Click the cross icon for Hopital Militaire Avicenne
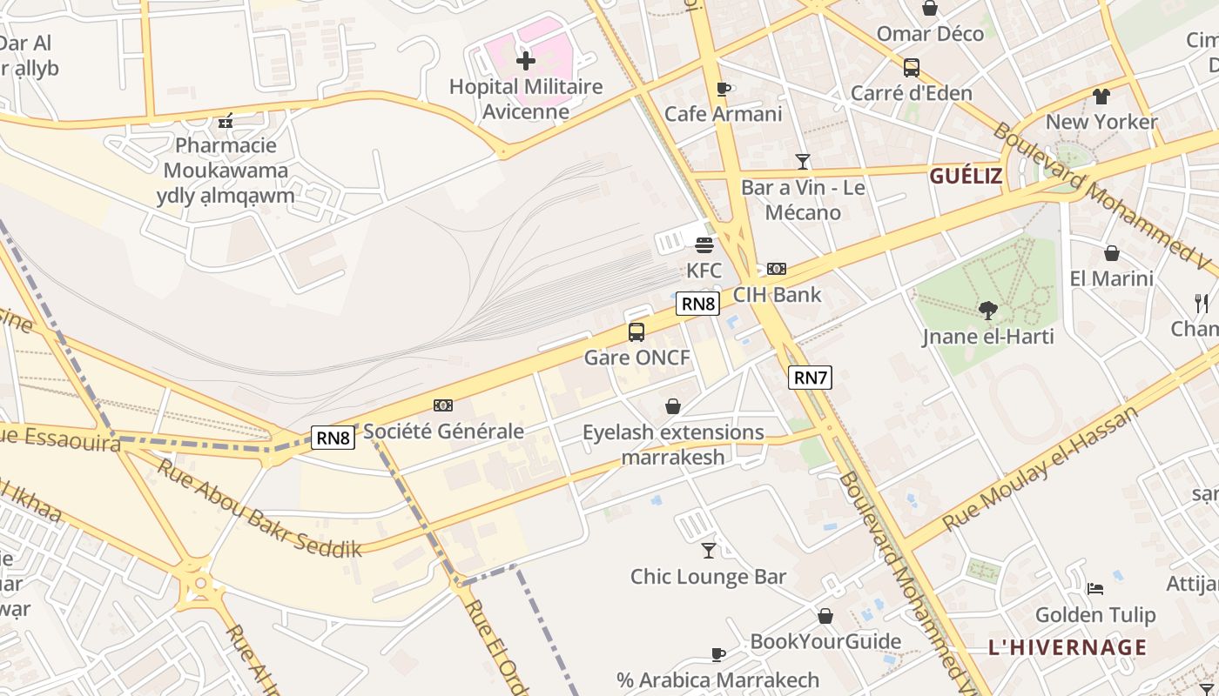[x=525, y=61]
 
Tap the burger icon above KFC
[x=704, y=245]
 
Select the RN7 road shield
[x=810, y=378]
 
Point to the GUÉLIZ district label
[x=966, y=177]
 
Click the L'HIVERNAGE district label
[x=1067, y=647]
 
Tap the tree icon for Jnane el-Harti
[x=987, y=310]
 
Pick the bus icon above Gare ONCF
[x=636, y=331]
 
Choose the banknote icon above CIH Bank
[x=777, y=269]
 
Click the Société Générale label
[x=443, y=431]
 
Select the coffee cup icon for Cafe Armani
[x=723, y=89]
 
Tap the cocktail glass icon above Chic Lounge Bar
[x=709, y=550]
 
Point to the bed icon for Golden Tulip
[x=1095, y=589]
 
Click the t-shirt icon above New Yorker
[x=1101, y=97]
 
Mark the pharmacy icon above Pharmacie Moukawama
[x=226, y=121]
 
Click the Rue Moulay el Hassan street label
[x=1041, y=470]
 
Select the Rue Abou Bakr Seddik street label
[x=259, y=508]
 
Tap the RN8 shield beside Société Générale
[x=333, y=438]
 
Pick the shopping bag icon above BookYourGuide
[x=825, y=616]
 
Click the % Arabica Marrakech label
[x=718, y=679]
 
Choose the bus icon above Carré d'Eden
[x=912, y=67]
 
